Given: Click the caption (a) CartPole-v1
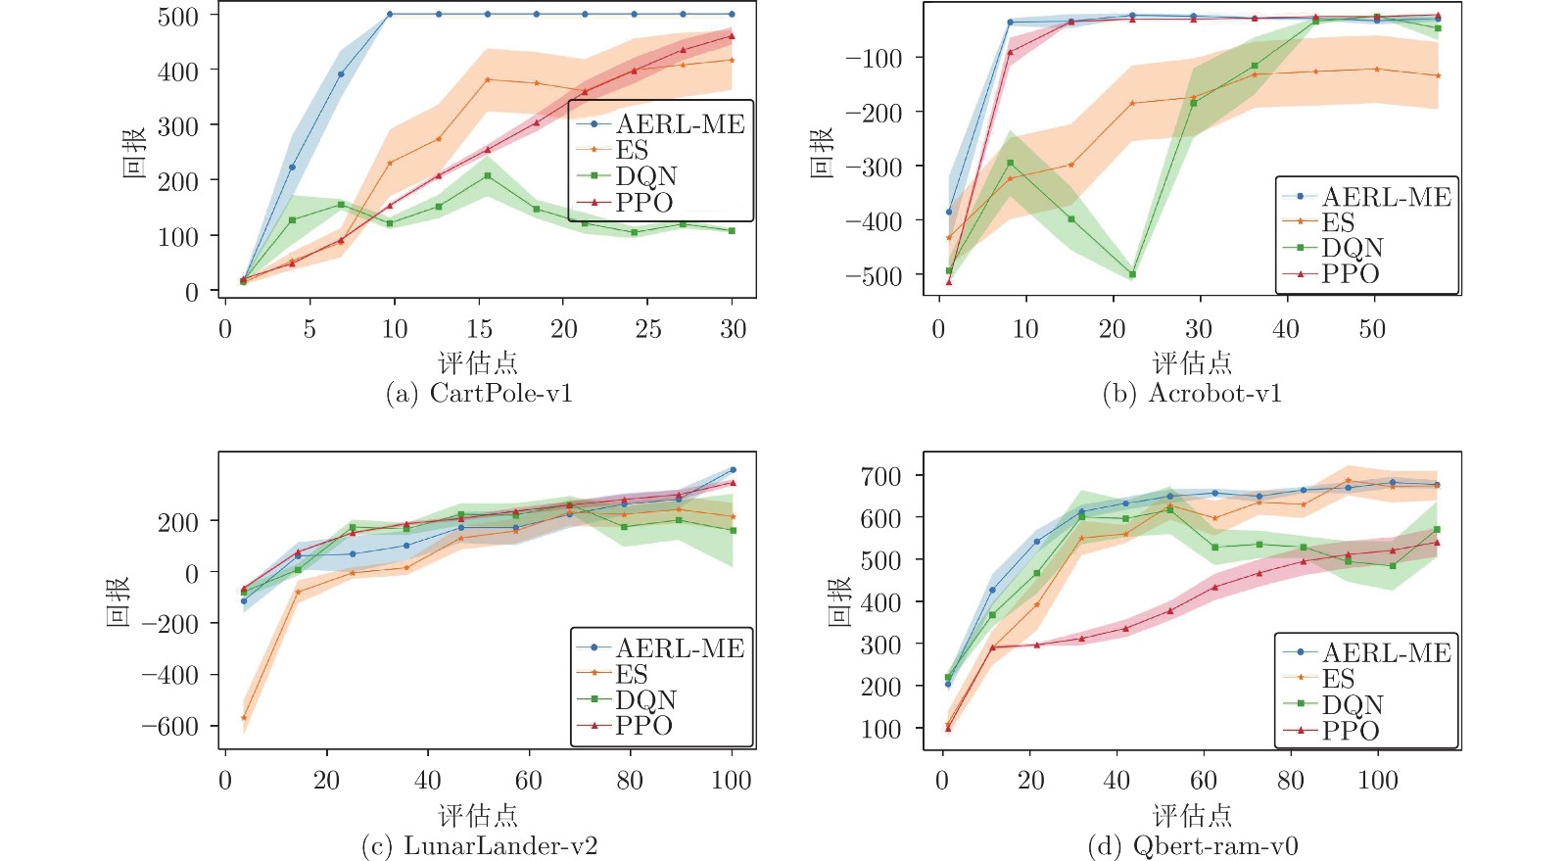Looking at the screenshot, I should [479, 394].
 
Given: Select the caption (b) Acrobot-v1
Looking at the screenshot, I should [1191, 394].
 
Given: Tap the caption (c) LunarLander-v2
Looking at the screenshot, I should [479, 846].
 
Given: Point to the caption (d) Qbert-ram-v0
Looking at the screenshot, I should [1192, 846].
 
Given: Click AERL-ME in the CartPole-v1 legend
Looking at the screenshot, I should [680, 124].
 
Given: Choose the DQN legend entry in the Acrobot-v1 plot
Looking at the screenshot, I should [1353, 249].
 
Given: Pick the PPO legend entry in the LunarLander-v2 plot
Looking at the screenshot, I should [643, 726].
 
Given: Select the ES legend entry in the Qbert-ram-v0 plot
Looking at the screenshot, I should [1338, 679].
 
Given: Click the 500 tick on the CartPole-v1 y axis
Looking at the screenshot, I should [178, 17].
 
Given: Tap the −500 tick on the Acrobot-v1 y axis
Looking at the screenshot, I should [874, 276].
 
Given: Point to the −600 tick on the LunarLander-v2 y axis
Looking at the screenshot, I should [169, 727].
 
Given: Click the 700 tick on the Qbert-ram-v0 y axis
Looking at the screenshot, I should [880, 477].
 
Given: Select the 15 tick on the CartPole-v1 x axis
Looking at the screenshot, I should [479, 329].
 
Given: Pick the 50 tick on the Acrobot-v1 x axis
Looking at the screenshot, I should [1372, 329].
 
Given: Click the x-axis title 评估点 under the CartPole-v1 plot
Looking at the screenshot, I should [478, 362].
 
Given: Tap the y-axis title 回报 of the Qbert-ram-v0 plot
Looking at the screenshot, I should [839, 601].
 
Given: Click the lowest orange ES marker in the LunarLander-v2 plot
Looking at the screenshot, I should [244, 718].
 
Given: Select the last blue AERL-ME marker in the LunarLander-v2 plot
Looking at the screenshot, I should [733, 470].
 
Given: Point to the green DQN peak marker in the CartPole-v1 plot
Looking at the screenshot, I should [487, 176].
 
